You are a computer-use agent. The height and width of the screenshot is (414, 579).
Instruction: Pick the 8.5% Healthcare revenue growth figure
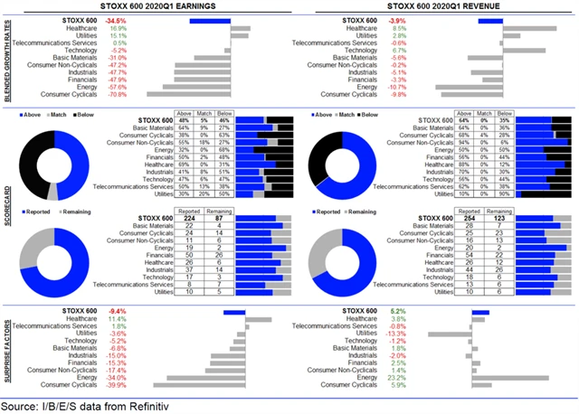click(392, 28)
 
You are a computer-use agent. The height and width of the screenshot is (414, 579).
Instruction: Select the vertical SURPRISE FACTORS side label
click(8, 347)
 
